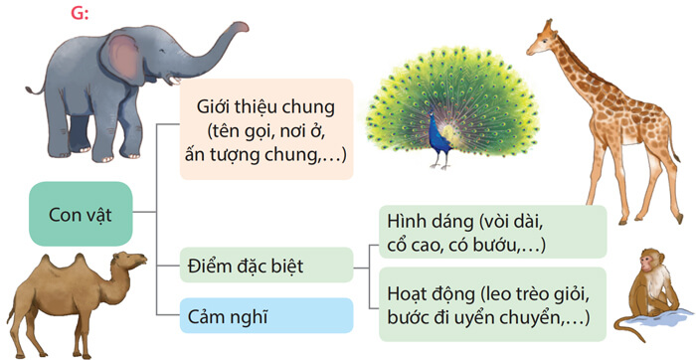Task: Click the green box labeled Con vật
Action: click(x=81, y=213)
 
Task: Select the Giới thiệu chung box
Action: click(x=265, y=129)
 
